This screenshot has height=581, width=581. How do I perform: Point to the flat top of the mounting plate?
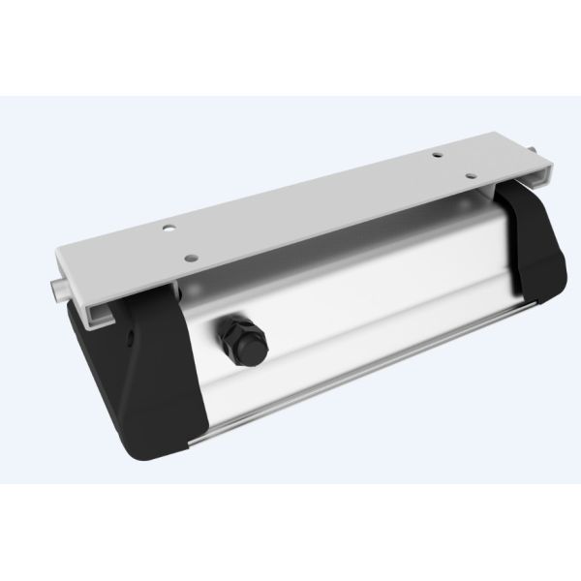[310, 213]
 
